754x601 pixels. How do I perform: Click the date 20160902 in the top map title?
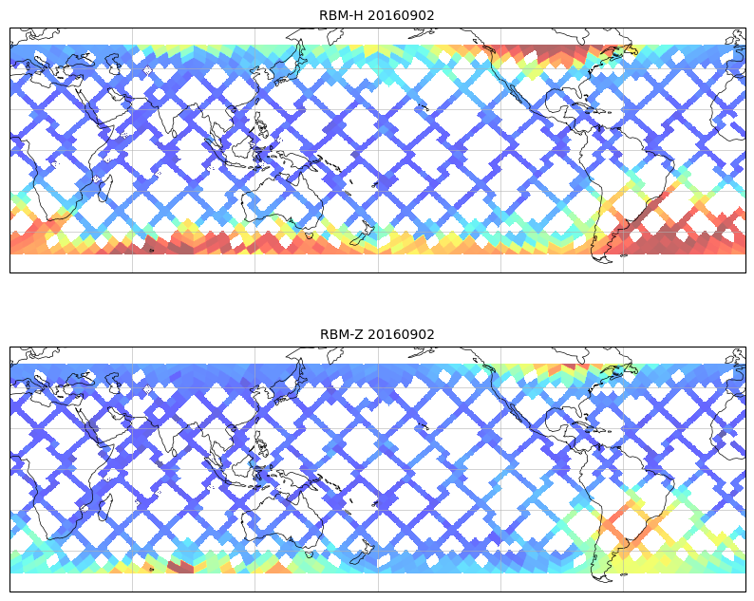(x=401, y=15)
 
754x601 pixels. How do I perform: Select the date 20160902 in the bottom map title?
(x=401, y=334)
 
